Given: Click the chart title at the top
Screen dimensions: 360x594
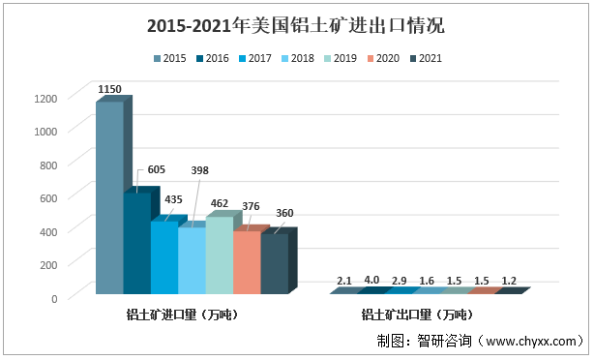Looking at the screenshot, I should [296, 25].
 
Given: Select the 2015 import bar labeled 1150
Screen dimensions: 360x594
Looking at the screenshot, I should [109, 198].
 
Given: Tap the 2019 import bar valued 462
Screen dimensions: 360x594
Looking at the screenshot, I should [220, 256].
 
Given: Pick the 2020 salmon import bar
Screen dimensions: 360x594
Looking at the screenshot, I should [247, 263].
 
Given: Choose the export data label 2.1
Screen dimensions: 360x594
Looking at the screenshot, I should [344, 281].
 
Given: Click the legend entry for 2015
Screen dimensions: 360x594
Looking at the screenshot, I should [168, 59].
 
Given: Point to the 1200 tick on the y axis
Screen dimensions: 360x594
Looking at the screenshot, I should [45, 98].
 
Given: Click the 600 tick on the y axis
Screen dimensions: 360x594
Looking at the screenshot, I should [47, 197].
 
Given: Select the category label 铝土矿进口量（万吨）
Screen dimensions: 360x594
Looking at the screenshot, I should [183, 315].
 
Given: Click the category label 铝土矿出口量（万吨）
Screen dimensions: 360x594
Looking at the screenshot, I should [417, 315].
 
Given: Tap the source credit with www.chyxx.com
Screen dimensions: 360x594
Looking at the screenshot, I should [481, 341].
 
